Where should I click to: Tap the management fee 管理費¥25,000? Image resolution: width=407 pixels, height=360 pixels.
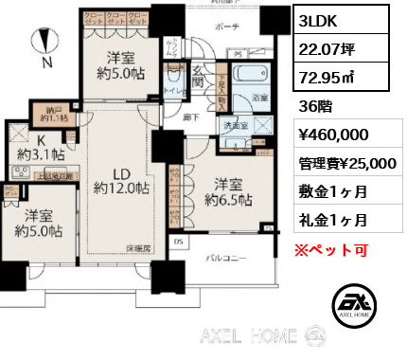point(347,163)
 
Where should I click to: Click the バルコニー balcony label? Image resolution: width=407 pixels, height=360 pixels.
point(228,257)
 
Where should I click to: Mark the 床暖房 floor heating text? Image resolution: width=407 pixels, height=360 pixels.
point(142,247)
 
